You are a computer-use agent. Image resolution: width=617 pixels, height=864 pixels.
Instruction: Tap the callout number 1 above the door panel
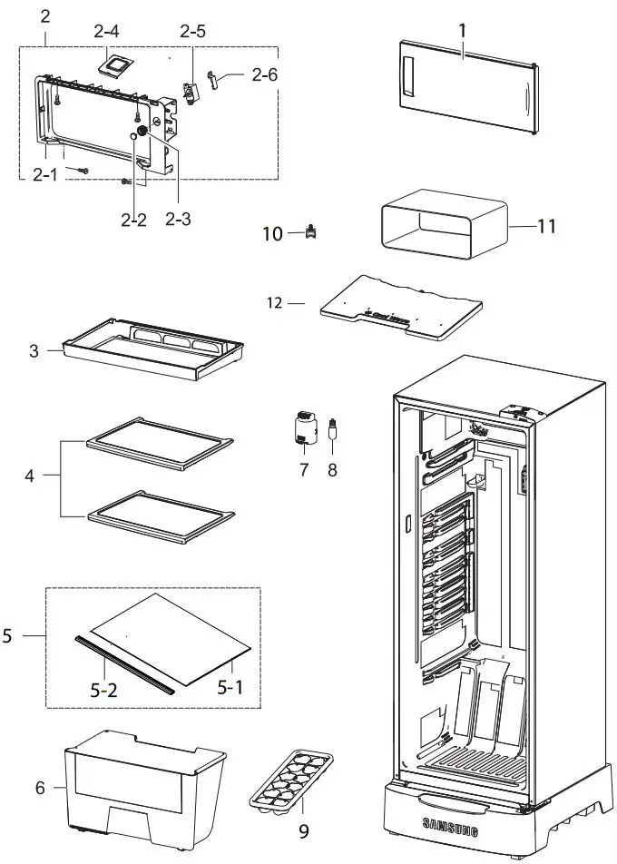[x=462, y=30]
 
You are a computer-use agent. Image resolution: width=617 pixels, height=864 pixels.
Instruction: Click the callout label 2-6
[x=264, y=75]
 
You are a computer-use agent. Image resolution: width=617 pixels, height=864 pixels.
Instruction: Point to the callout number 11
[x=546, y=225]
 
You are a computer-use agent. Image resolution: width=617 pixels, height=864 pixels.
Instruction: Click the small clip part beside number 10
[x=312, y=233]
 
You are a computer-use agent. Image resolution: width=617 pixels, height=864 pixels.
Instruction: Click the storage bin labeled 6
[x=143, y=781]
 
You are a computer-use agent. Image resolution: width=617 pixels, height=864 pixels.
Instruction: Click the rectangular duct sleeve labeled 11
[x=442, y=226]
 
